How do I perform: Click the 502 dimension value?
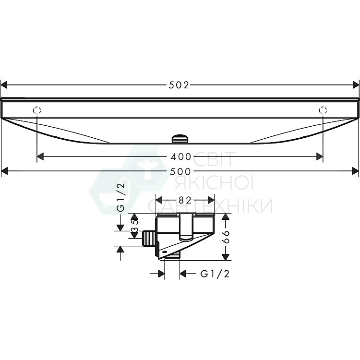[179, 85]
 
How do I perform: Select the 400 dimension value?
[181, 157]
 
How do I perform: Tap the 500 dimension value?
[180, 171]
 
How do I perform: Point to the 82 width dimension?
[185, 201]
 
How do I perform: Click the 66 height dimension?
[226, 237]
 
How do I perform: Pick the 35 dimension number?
[134, 226]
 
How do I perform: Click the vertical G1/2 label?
[121, 197]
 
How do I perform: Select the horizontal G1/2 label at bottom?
[215, 274]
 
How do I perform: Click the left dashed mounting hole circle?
[37, 110]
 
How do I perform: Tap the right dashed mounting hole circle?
[323, 110]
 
